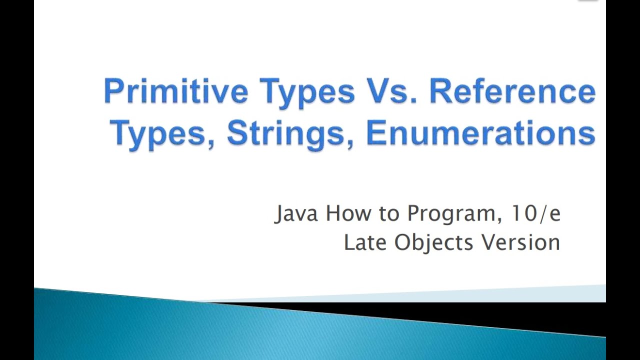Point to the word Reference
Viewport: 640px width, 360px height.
click(512, 91)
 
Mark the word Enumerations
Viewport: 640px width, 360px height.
click(480, 133)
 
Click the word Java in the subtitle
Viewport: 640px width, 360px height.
click(297, 214)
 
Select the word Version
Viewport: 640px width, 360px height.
click(520, 242)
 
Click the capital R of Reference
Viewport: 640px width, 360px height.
click(440, 91)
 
